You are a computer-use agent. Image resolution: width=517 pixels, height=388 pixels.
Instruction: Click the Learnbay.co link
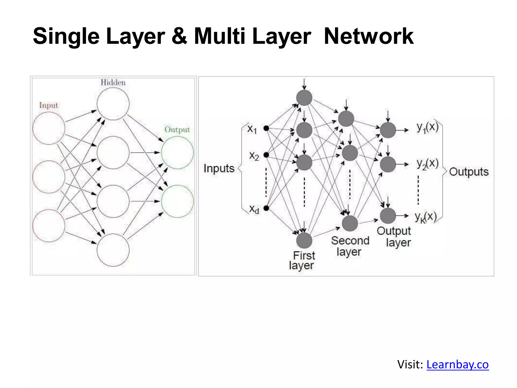(x=457, y=365)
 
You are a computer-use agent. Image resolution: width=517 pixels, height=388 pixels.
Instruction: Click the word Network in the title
(x=369, y=36)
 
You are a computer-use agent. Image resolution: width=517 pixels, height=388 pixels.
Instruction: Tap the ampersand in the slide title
(x=179, y=36)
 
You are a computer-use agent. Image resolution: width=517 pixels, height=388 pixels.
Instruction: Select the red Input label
(x=48, y=105)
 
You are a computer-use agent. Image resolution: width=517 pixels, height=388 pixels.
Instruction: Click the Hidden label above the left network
(x=113, y=83)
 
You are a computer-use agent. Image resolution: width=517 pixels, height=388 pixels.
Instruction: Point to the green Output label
(x=177, y=130)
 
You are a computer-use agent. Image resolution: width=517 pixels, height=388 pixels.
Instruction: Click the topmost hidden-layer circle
(x=113, y=104)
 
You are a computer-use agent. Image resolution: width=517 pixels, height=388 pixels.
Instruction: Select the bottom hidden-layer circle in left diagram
(x=113, y=250)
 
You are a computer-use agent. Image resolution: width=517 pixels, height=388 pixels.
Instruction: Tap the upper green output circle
(x=177, y=153)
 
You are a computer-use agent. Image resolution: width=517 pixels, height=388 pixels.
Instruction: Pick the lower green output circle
(x=177, y=201)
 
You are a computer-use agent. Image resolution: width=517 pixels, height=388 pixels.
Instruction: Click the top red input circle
(x=49, y=128)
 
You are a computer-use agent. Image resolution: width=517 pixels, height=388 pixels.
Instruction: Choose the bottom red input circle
(x=49, y=226)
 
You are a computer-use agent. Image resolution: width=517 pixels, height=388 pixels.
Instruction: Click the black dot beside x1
(x=266, y=128)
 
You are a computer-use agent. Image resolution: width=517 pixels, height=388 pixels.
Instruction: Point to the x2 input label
(x=254, y=156)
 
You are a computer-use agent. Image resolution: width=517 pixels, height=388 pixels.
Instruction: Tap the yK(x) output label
(x=426, y=217)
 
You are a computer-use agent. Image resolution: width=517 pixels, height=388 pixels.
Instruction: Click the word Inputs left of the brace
(x=219, y=168)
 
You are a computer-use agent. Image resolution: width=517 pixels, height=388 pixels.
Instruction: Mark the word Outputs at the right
(x=469, y=172)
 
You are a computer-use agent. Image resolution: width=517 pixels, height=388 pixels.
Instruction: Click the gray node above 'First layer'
(x=304, y=240)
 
